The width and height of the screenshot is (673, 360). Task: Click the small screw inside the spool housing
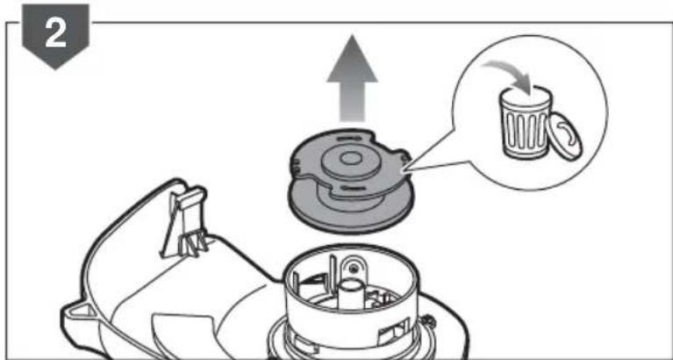[353, 265]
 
